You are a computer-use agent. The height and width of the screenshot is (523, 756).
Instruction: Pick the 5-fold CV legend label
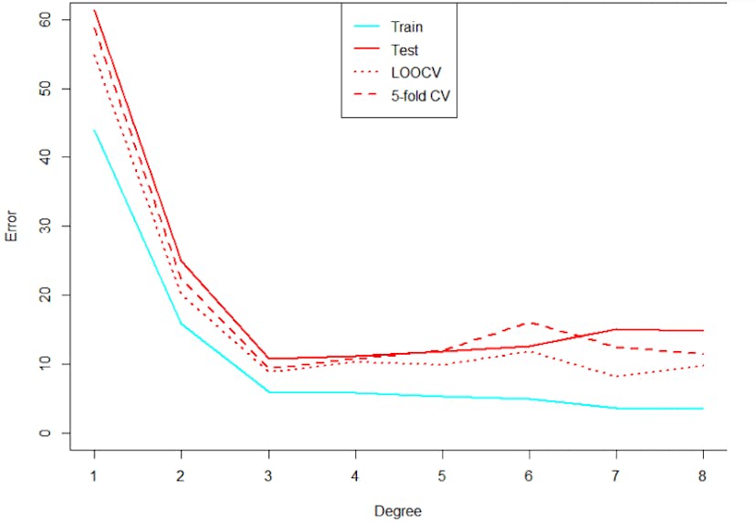417,93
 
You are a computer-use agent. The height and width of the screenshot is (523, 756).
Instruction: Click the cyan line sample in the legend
365,27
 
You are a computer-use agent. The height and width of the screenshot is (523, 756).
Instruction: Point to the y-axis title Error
12,226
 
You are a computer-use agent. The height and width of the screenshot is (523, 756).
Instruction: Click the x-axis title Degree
398,509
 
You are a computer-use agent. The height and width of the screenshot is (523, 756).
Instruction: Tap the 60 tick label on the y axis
46,19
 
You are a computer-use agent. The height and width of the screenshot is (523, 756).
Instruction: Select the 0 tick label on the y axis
46,432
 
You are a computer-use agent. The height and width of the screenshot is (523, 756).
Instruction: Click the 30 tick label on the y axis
46,226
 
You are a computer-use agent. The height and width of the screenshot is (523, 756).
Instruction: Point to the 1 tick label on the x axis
94,475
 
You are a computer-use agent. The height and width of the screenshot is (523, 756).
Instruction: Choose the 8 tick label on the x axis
702,475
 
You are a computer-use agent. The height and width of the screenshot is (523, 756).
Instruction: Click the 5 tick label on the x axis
442,475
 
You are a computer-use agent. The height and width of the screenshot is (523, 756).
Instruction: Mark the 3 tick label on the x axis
268,475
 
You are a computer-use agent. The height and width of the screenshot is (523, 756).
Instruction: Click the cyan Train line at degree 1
94,130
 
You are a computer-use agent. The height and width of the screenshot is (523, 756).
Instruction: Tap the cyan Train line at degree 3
268,392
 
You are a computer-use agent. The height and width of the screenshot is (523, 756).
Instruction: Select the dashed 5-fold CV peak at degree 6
529,323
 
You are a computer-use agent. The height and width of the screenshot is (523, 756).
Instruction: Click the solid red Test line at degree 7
615,329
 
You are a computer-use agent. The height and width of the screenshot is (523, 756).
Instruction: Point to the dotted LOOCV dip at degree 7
615,376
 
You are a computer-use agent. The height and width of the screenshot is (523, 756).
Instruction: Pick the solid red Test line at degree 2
181,261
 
